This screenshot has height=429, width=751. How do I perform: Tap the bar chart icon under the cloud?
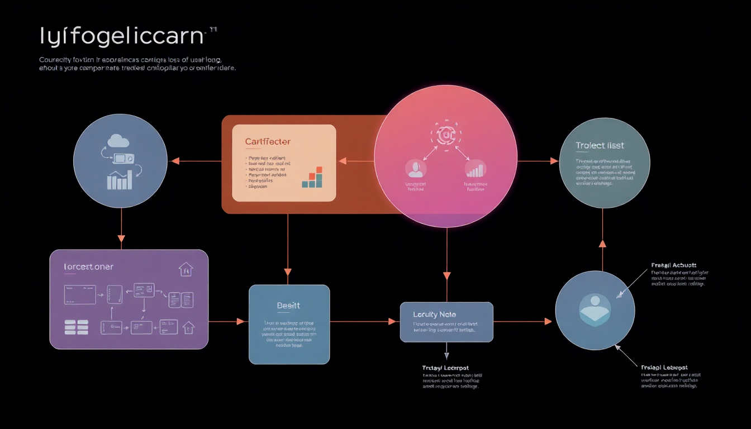click(119, 179)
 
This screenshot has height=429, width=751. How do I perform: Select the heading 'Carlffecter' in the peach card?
click(268, 142)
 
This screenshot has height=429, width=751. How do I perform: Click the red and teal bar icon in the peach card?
click(312, 177)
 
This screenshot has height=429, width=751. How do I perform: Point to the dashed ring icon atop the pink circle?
click(444, 135)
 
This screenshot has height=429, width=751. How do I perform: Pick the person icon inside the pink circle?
click(415, 168)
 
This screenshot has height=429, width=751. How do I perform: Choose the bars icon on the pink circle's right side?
click(476, 169)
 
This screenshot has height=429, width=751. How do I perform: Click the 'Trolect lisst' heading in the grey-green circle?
click(600, 146)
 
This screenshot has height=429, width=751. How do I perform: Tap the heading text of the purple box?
click(88, 267)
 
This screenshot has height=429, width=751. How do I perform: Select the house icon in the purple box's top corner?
click(186, 269)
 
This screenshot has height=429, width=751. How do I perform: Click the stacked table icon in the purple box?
click(77, 327)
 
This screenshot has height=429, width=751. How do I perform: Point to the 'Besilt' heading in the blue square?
click(288, 306)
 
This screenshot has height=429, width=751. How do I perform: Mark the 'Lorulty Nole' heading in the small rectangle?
click(434, 314)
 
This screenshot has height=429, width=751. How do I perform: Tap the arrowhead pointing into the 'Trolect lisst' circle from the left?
click(554, 161)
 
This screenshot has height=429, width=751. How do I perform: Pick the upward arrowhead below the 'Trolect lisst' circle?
click(602, 244)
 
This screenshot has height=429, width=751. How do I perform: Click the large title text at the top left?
click(121, 36)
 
